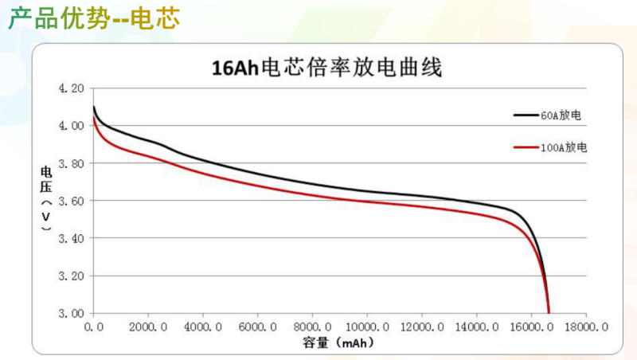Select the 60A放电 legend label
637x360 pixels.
[561, 115]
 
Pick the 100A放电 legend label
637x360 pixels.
[565, 148]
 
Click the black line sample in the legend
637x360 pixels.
[526, 115]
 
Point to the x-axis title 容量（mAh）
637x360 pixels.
[338, 343]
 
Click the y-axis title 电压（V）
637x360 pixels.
[47, 200]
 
